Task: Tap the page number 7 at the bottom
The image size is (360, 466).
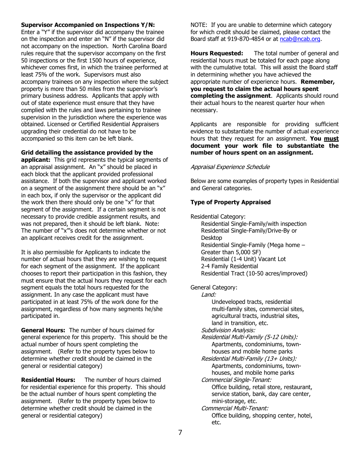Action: click(180, 433)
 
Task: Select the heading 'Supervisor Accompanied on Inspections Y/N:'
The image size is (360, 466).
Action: click(88, 25)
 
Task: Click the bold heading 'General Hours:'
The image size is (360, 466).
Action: click(43, 330)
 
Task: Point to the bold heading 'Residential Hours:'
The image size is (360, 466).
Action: click(48, 380)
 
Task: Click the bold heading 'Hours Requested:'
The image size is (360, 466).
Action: click(217, 53)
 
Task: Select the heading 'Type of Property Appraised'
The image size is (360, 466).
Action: click(230, 202)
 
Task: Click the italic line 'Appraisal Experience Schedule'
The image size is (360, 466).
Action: click(230, 167)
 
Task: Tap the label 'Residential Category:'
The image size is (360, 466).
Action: click(218, 217)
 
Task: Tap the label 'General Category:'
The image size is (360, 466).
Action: click(214, 288)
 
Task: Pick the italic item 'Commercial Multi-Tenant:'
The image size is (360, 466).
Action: click(235, 408)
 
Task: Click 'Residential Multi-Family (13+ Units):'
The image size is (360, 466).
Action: click(249, 359)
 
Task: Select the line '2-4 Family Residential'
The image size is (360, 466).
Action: click(230, 266)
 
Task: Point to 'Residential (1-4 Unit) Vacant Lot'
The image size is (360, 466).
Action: click(243, 259)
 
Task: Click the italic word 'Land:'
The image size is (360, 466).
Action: click(208, 295)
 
